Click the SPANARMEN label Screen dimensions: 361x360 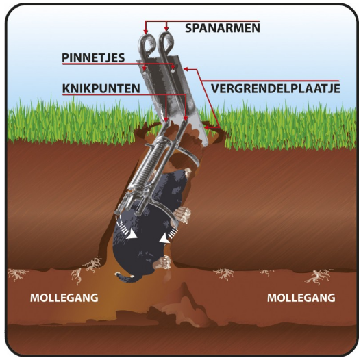point(223,28)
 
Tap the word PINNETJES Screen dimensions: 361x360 point(93,58)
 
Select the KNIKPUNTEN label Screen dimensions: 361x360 point(101,88)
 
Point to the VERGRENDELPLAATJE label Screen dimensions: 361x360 point(275,88)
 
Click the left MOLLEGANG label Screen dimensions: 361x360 point(64,298)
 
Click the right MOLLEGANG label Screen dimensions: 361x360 point(301,298)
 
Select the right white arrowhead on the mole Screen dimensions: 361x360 point(164,240)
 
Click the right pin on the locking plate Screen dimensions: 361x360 point(173,71)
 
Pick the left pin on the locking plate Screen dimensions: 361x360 point(144,73)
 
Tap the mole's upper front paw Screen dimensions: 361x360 point(182,214)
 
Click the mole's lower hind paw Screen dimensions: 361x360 point(164,261)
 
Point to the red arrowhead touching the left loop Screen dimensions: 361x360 point(145,31)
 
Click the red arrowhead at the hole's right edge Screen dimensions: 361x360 point(207,127)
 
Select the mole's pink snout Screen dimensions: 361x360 point(188,172)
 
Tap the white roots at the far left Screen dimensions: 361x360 point(16,274)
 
